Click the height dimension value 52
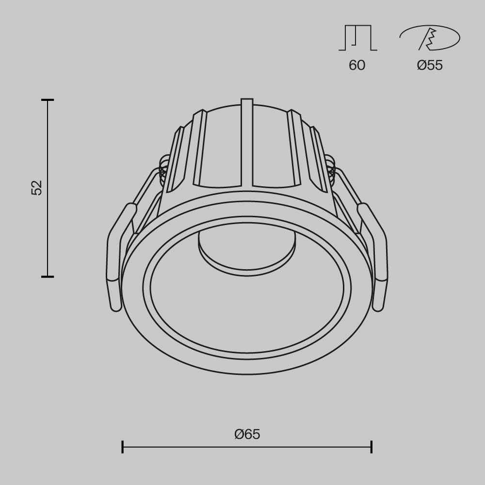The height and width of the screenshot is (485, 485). pyautogui.click(x=37, y=188)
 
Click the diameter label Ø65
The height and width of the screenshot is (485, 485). pyautogui.click(x=247, y=434)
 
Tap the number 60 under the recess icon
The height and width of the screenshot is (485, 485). pyautogui.click(x=357, y=65)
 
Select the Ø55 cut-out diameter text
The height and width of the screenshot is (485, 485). pyautogui.click(x=430, y=65)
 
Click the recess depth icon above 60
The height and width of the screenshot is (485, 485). pyautogui.click(x=358, y=38)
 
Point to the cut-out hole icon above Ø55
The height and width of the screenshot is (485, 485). pyautogui.click(x=429, y=38)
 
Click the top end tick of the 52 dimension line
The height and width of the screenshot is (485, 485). pyautogui.click(x=48, y=100)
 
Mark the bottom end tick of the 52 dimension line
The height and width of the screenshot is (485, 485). pyautogui.click(x=48, y=276)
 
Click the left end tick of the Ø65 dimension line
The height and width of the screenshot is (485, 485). pyautogui.click(x=122, y=447)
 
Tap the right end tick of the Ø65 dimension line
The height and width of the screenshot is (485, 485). pyautogui.click(x=372, y=447)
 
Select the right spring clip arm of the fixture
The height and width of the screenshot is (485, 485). pyautogui.click(x=377, y=257)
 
